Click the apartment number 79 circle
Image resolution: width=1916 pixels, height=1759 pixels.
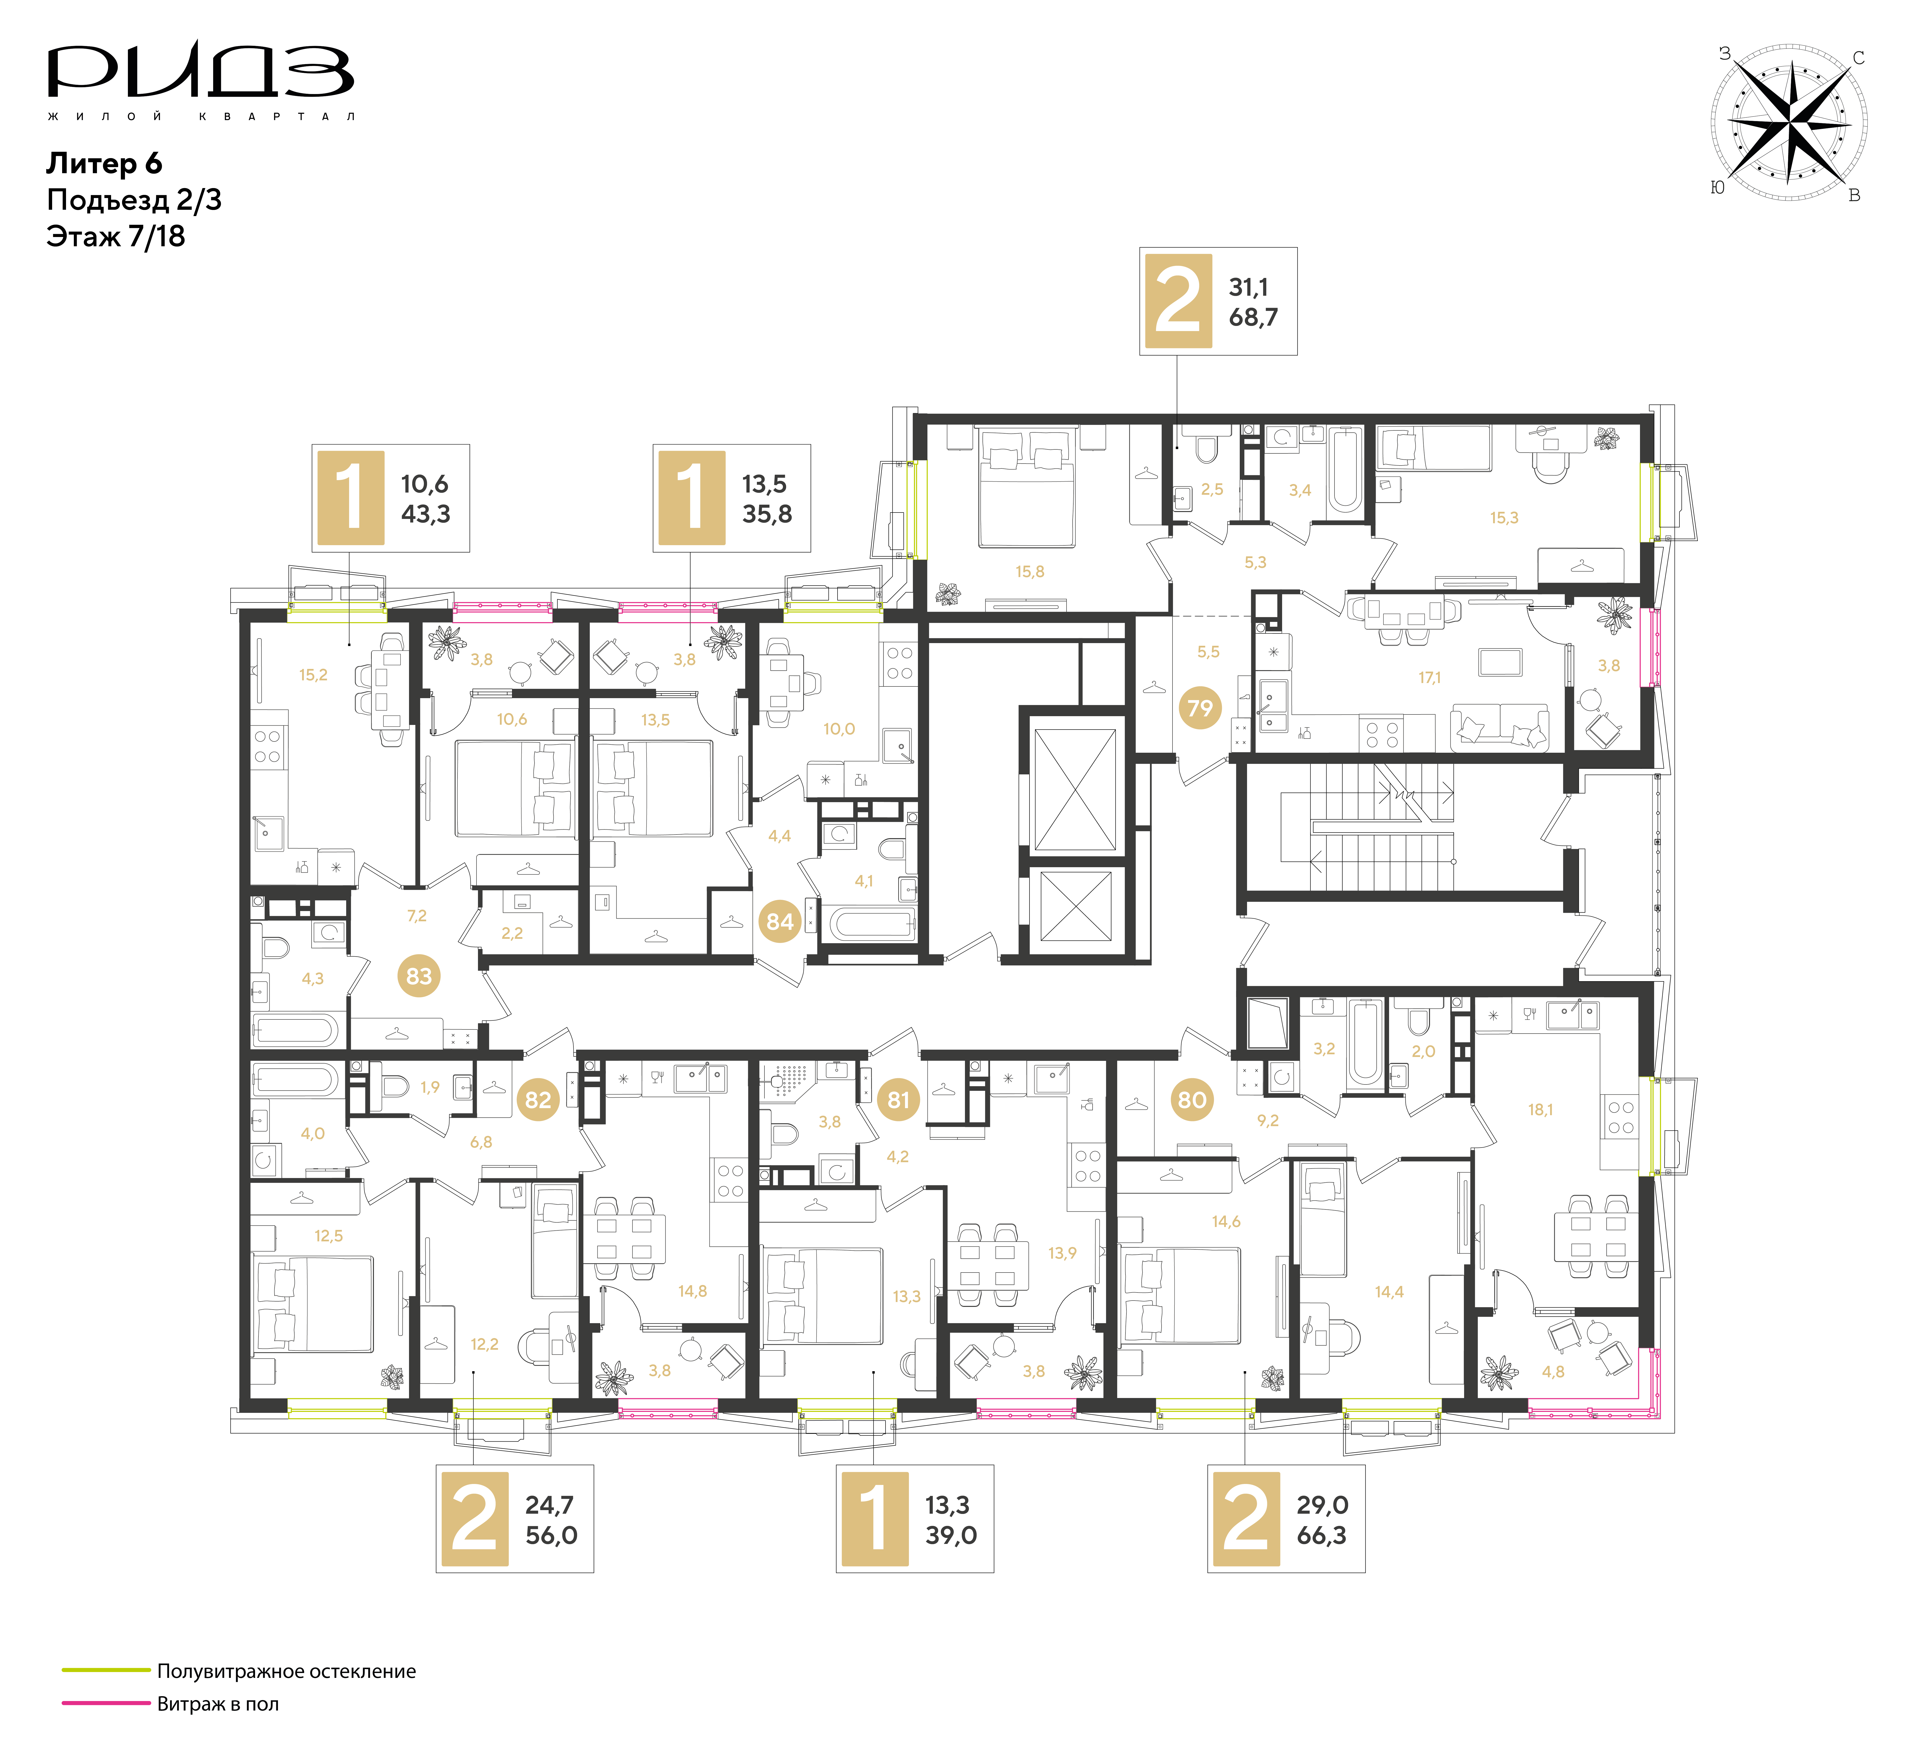click(1200, 708)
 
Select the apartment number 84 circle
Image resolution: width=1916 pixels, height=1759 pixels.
click(780, 921)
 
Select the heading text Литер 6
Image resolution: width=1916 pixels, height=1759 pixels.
click(104, 164)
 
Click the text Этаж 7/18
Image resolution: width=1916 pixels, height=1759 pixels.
click(115, 236)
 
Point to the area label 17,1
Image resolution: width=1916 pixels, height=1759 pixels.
click(1430, 678)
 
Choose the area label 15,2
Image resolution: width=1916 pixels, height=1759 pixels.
click(313, 675)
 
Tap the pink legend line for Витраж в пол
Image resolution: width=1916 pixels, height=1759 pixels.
click(107, 1703)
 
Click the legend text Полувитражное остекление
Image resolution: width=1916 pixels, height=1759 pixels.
click(286, 1671)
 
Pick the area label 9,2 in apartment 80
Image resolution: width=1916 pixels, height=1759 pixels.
click(1268, 1120)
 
